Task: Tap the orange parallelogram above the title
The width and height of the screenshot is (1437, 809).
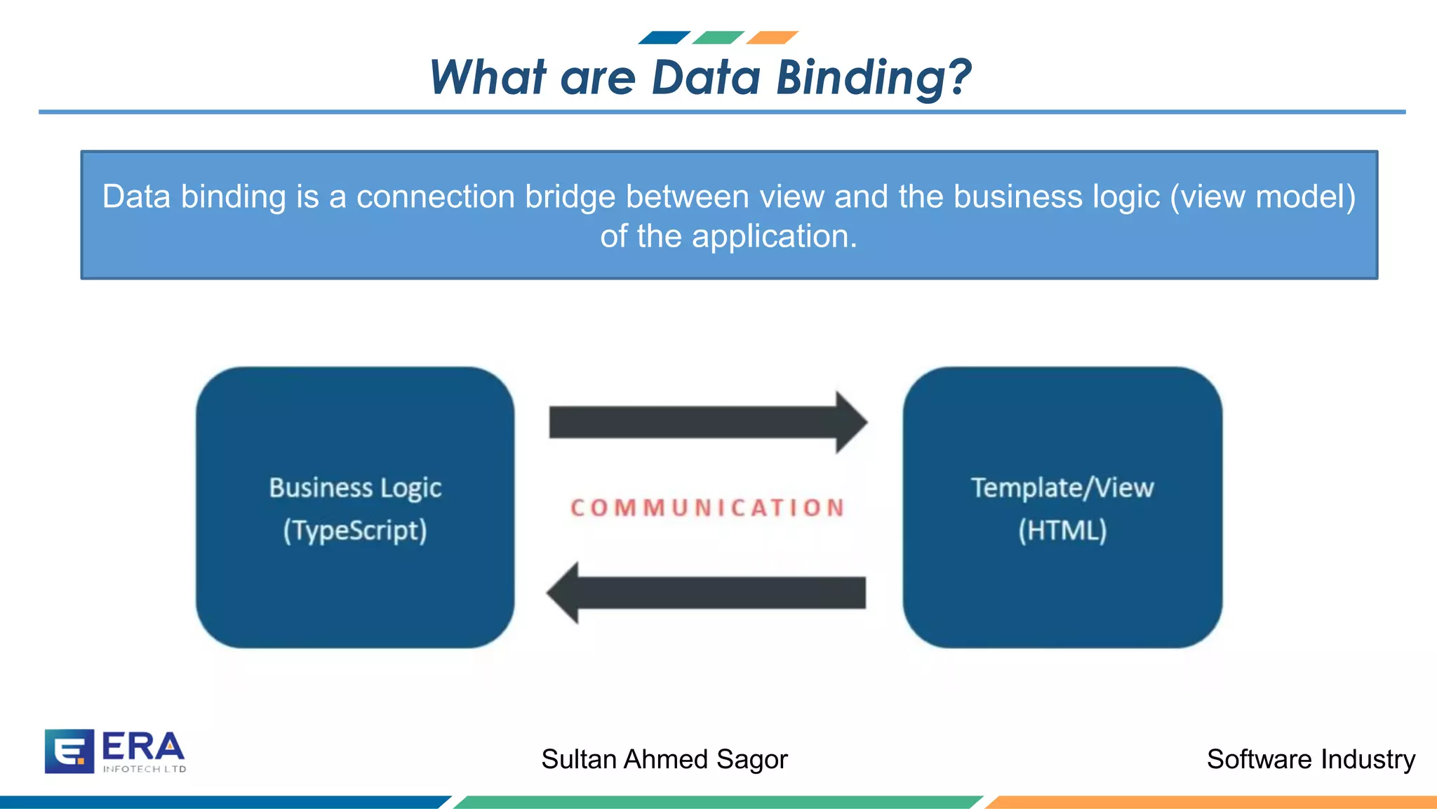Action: (772, 37)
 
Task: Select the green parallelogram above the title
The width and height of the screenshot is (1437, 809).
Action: (718, 37)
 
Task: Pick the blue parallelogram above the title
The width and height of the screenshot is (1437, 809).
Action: (664, 37)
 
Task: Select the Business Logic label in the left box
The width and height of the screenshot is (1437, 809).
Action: (355, 487)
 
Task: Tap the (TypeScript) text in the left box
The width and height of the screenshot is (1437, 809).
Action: (355, 530)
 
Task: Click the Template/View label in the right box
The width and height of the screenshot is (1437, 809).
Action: (1062, 487)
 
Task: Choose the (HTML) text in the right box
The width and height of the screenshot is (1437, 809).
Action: (1062, 530)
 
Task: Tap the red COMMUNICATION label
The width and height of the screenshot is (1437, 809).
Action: (707, 508)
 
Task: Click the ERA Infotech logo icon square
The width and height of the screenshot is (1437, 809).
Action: (69, 751)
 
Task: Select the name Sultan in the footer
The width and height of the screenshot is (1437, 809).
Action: (579, 759)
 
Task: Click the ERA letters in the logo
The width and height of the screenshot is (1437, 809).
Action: (143, 746)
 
